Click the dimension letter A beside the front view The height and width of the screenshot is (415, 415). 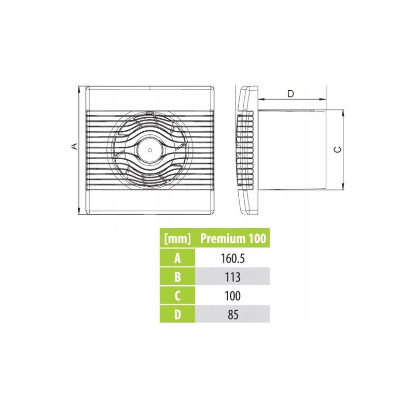point(75,146)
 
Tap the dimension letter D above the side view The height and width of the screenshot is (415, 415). point(290,94)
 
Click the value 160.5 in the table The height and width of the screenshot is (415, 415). point(232,258)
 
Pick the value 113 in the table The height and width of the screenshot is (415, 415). point(232,277)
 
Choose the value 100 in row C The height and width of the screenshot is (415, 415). point(232,296)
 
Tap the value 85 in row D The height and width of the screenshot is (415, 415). point(232,315)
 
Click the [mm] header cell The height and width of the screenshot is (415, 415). point(177,239)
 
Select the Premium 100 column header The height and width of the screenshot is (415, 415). point(233,239)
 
